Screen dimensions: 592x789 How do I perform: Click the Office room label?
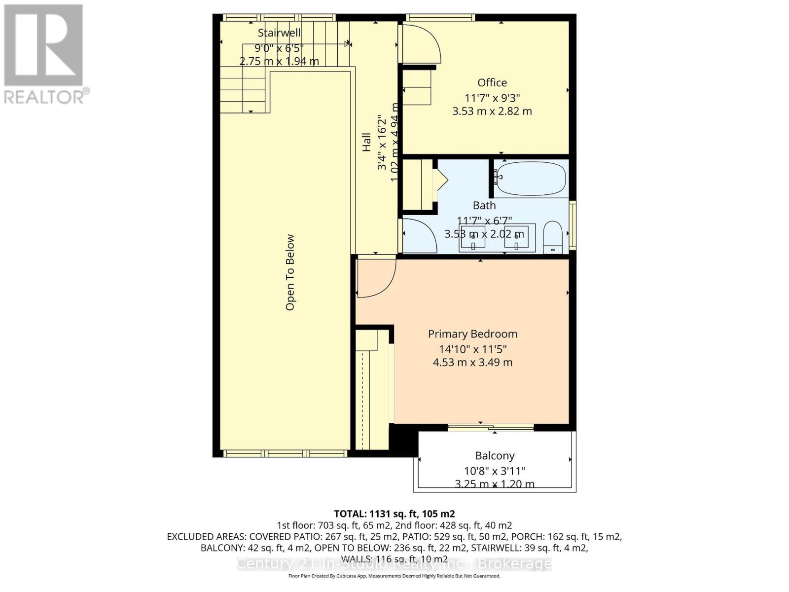tap(492, 83)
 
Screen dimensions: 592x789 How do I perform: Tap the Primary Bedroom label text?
tap(472, 334)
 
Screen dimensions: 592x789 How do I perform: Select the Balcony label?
tap(495, 456)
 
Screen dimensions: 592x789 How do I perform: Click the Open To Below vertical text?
tap(290, 272)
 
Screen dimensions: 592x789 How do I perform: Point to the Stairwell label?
tap(279, 33)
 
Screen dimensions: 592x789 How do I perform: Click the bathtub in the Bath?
tap(530, 179)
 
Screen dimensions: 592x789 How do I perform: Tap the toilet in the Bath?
tap(553, 238)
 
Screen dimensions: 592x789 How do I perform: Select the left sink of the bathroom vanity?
tap(472, 237)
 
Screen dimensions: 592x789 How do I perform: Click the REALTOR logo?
tap(44, 54)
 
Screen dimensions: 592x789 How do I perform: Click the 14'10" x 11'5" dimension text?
tap(472, 349)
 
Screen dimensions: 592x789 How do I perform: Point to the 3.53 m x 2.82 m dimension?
tap(492, 111)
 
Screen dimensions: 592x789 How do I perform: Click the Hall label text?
tap(366, 142)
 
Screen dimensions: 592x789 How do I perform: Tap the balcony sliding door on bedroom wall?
tap(490, 427)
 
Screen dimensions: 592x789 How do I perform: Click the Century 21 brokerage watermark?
tap(394, 564)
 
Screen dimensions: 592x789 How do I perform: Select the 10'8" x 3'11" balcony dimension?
tap(495, 471)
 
